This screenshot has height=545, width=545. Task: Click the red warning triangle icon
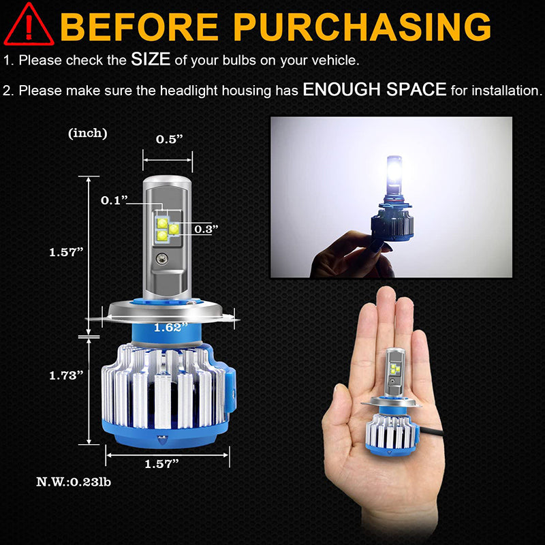click(29, 26)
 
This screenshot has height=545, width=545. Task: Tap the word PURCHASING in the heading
click(362, 27)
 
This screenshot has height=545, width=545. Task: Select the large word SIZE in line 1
click(151, 59)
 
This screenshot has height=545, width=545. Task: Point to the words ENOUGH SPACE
click(374, 89)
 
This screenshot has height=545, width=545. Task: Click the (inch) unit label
click(88, 133)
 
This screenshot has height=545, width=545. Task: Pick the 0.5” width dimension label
click(169, 139)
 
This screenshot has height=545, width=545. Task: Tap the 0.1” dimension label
click(114, 200)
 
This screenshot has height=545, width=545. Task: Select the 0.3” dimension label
click(206, 229)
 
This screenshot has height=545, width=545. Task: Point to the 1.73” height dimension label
click(66, 375)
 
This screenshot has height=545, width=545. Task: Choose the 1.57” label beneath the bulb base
click(161, 464)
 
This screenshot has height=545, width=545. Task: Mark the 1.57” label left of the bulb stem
click(66, 252)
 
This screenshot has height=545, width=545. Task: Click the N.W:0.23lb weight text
click(74, 482)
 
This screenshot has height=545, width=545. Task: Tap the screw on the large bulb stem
click(162, 258)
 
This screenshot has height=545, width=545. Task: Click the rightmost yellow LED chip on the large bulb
click(174, 228)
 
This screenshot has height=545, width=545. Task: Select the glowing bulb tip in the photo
click(394, 171)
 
